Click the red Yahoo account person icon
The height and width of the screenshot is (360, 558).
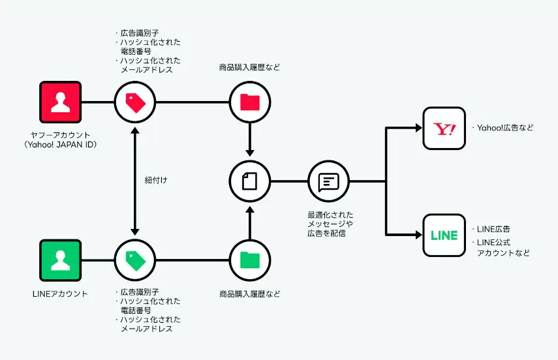61,102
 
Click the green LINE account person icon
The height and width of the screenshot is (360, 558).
61,260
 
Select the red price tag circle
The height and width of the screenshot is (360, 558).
135,102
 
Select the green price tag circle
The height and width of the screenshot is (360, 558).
135,260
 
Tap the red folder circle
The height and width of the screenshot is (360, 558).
250,102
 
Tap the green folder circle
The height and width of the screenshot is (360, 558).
250,260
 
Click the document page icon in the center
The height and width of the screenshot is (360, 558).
250,181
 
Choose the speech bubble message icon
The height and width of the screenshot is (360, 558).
328,181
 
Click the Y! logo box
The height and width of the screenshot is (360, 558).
444,128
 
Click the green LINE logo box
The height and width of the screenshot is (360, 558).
444,235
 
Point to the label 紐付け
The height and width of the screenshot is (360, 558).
156,181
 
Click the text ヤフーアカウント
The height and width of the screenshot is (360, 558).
61,135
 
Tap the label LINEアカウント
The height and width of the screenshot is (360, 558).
60,294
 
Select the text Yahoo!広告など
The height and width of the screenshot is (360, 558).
505,128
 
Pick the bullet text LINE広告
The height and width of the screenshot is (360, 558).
493,229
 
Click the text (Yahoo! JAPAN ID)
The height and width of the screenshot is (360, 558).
61,144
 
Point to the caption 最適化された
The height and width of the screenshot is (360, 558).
331,215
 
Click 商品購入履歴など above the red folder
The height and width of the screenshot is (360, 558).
250,67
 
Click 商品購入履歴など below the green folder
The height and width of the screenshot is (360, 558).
250,294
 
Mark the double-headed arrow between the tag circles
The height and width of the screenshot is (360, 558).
135,181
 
